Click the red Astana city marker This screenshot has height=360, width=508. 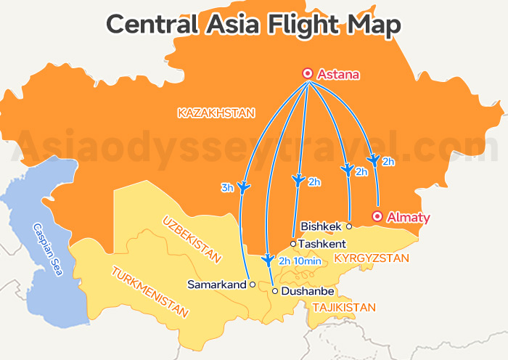[x=308, y=73]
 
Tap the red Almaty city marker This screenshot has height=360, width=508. [x=377, y=216]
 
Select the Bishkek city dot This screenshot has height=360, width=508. [x=349, y=226]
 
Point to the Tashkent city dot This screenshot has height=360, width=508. [x=293, y=244]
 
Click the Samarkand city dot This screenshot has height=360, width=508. [x=253, y=285]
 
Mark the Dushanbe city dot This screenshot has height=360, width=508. [x=275, y=291]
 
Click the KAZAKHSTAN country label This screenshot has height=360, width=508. [x=216, y=112]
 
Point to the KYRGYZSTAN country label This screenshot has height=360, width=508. [x=372, y=258]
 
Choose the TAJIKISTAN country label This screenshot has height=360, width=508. [x=344, y=308]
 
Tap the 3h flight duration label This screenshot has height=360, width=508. [x=227, y=188]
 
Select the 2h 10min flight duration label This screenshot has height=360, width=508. [x=300, y=261]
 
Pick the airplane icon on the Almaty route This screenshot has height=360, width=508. [x=373, y=158]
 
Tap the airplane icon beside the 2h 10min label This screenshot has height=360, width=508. [x=268, y=259]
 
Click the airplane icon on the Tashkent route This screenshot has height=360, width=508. [x=298, y=179]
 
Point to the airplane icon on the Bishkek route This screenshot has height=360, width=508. [x=346, y=171]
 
